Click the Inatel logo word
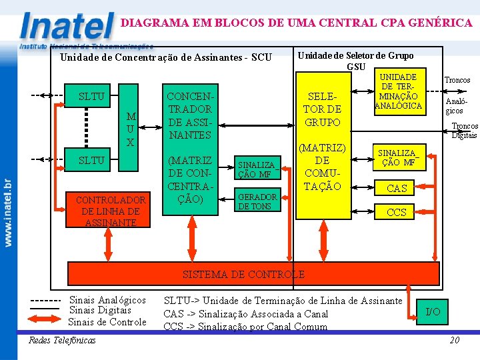(x=67, y=27)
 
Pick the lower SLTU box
(x=91, y=160)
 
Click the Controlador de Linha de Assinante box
(x=111, y=211)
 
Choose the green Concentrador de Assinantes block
(x=191, y=149)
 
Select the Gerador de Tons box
(x=257, y=201)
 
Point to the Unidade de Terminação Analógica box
(x=399, y=91)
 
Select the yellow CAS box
(x=397, y=189)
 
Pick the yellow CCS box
(x=397, y=213)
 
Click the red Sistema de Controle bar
(x=253, y=273)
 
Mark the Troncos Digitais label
(x=464, y=131)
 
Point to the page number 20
(x=455, y=340)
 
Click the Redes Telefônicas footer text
(x=62, y=340)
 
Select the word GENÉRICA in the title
(x=441, y=23)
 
